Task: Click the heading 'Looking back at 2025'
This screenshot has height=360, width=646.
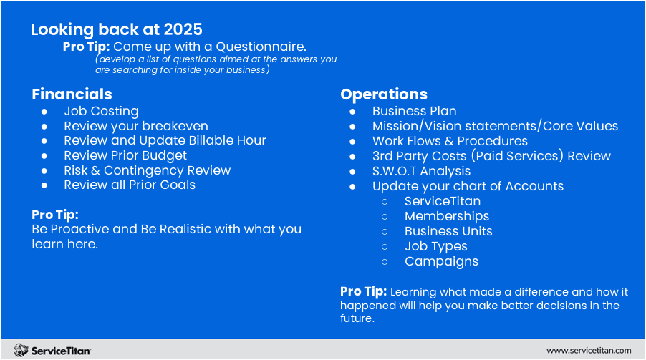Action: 117,29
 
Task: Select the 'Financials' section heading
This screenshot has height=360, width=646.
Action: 72,94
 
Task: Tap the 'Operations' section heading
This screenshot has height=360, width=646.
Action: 384,94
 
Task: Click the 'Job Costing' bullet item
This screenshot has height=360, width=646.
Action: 101,111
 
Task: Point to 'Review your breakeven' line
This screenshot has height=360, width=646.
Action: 136,126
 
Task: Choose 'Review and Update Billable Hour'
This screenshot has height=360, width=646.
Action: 165,140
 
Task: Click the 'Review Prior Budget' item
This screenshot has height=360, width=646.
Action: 125,155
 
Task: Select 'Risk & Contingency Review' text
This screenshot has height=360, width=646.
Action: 147,170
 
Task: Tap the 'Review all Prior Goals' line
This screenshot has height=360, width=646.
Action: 130,185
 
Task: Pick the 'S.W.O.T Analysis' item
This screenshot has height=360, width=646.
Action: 421,171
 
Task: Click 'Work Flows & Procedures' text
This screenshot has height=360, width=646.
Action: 450,141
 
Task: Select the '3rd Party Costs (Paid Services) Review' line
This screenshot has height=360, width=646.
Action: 491,156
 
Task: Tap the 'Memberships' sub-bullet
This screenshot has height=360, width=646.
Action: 447,216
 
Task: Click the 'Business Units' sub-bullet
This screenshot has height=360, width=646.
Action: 448,231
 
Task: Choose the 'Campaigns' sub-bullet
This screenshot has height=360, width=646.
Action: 441,261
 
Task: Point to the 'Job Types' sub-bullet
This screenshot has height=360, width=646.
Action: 435,246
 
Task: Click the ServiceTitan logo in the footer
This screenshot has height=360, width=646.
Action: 52,350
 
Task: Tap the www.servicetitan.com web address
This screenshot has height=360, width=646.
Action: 589,350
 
